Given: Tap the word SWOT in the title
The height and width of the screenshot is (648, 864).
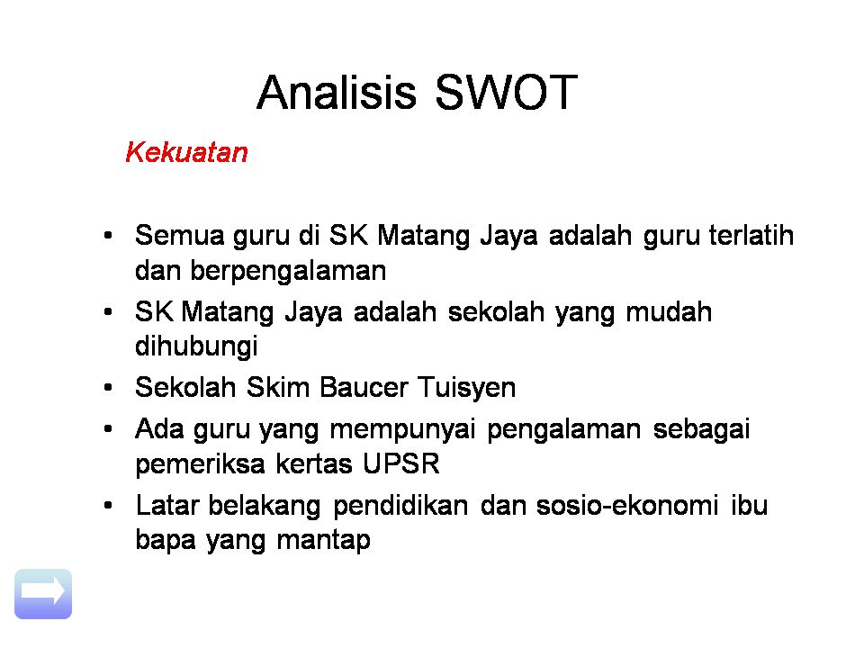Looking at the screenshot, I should coord(505,93).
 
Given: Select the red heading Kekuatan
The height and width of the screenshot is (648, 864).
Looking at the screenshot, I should coord(186,152).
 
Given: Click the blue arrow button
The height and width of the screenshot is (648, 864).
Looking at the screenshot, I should coord(43,593).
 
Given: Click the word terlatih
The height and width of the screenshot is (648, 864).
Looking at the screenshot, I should coord(751,236).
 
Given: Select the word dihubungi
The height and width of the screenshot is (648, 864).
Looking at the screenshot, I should coord(196,346).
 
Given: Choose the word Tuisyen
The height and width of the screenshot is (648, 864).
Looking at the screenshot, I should coord(465,388).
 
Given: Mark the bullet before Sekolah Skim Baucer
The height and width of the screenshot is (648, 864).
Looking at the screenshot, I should coord(108,389).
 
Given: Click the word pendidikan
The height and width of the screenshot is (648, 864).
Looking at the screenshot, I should coord(400,506).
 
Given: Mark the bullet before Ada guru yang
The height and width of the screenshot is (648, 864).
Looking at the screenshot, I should coord(108,430).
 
